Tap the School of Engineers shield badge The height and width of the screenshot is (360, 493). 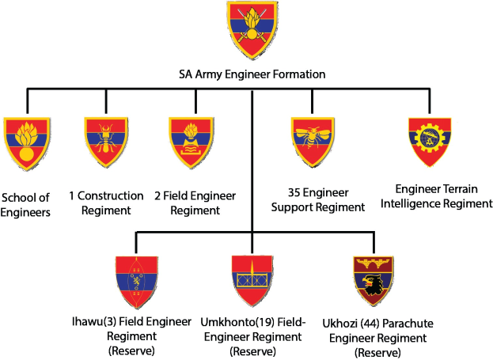[x=28, y=142]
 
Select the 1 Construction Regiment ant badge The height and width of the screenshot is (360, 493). [x=107, y=142]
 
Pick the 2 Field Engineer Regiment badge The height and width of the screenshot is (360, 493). [x=192, y=142]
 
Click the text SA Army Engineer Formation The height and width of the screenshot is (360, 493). [x=252, y=75]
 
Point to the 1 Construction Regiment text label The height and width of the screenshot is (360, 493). [x=105, y=203]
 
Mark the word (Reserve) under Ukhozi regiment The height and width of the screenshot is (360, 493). [x=373, y=351]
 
